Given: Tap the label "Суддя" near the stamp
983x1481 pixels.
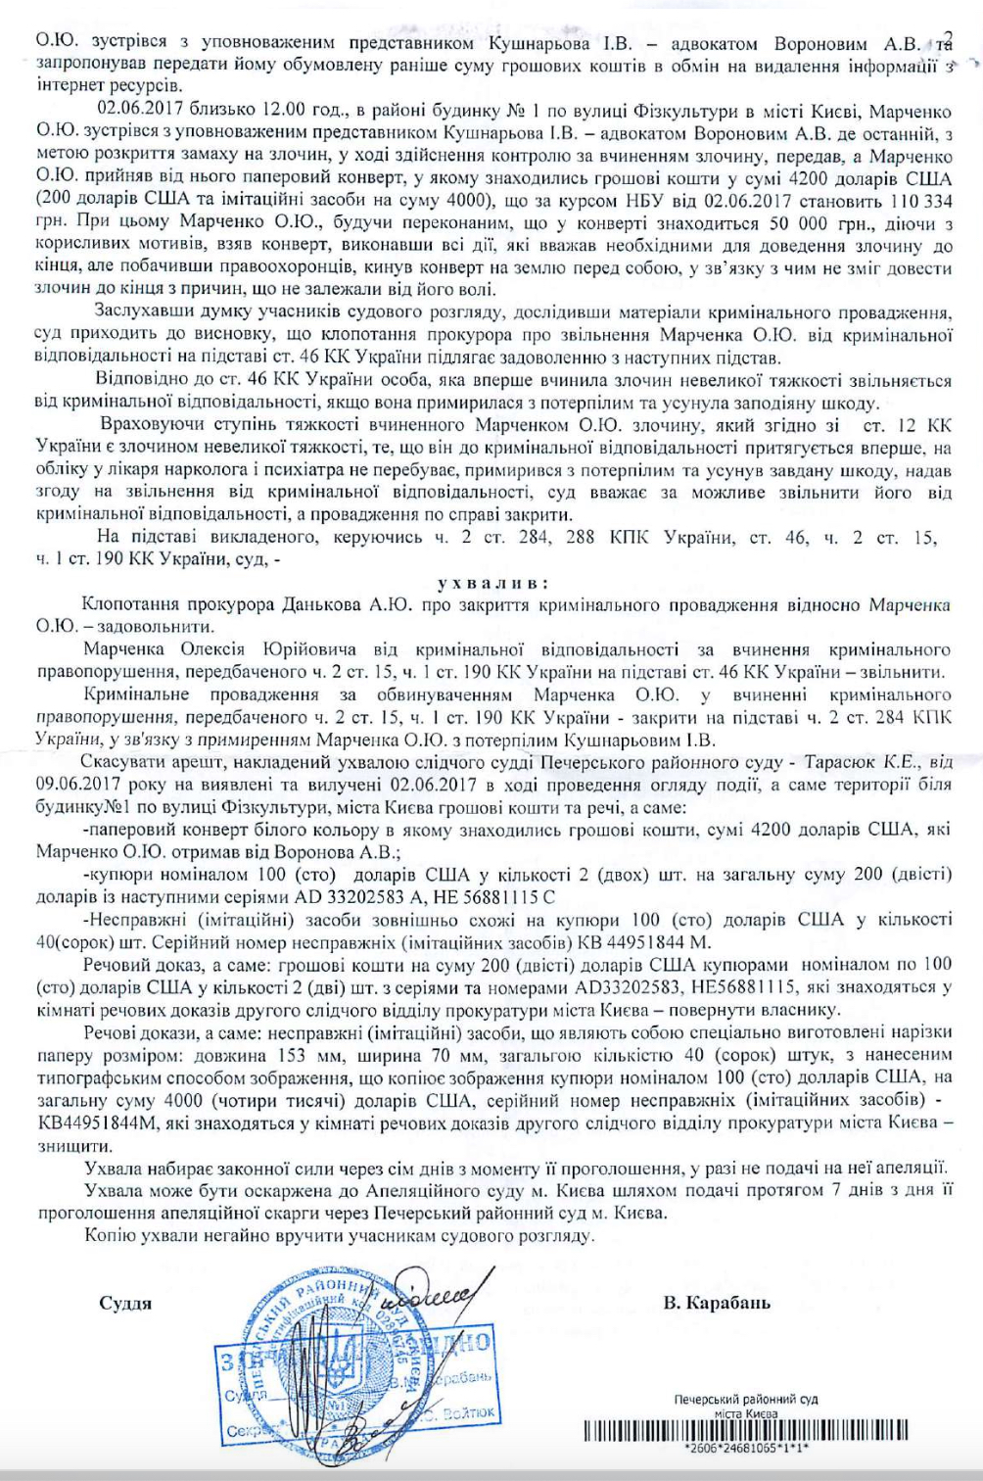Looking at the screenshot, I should pyautogui.click(x=125, y=1303).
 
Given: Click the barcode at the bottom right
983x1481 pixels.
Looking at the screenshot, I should pyautogui.click(x=745, y=1431).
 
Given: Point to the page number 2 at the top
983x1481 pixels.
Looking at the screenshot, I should pyautogui.click(x=946, y=38).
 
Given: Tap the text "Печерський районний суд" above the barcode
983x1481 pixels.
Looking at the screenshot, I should pyautogui.click(x=746, y=1400).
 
